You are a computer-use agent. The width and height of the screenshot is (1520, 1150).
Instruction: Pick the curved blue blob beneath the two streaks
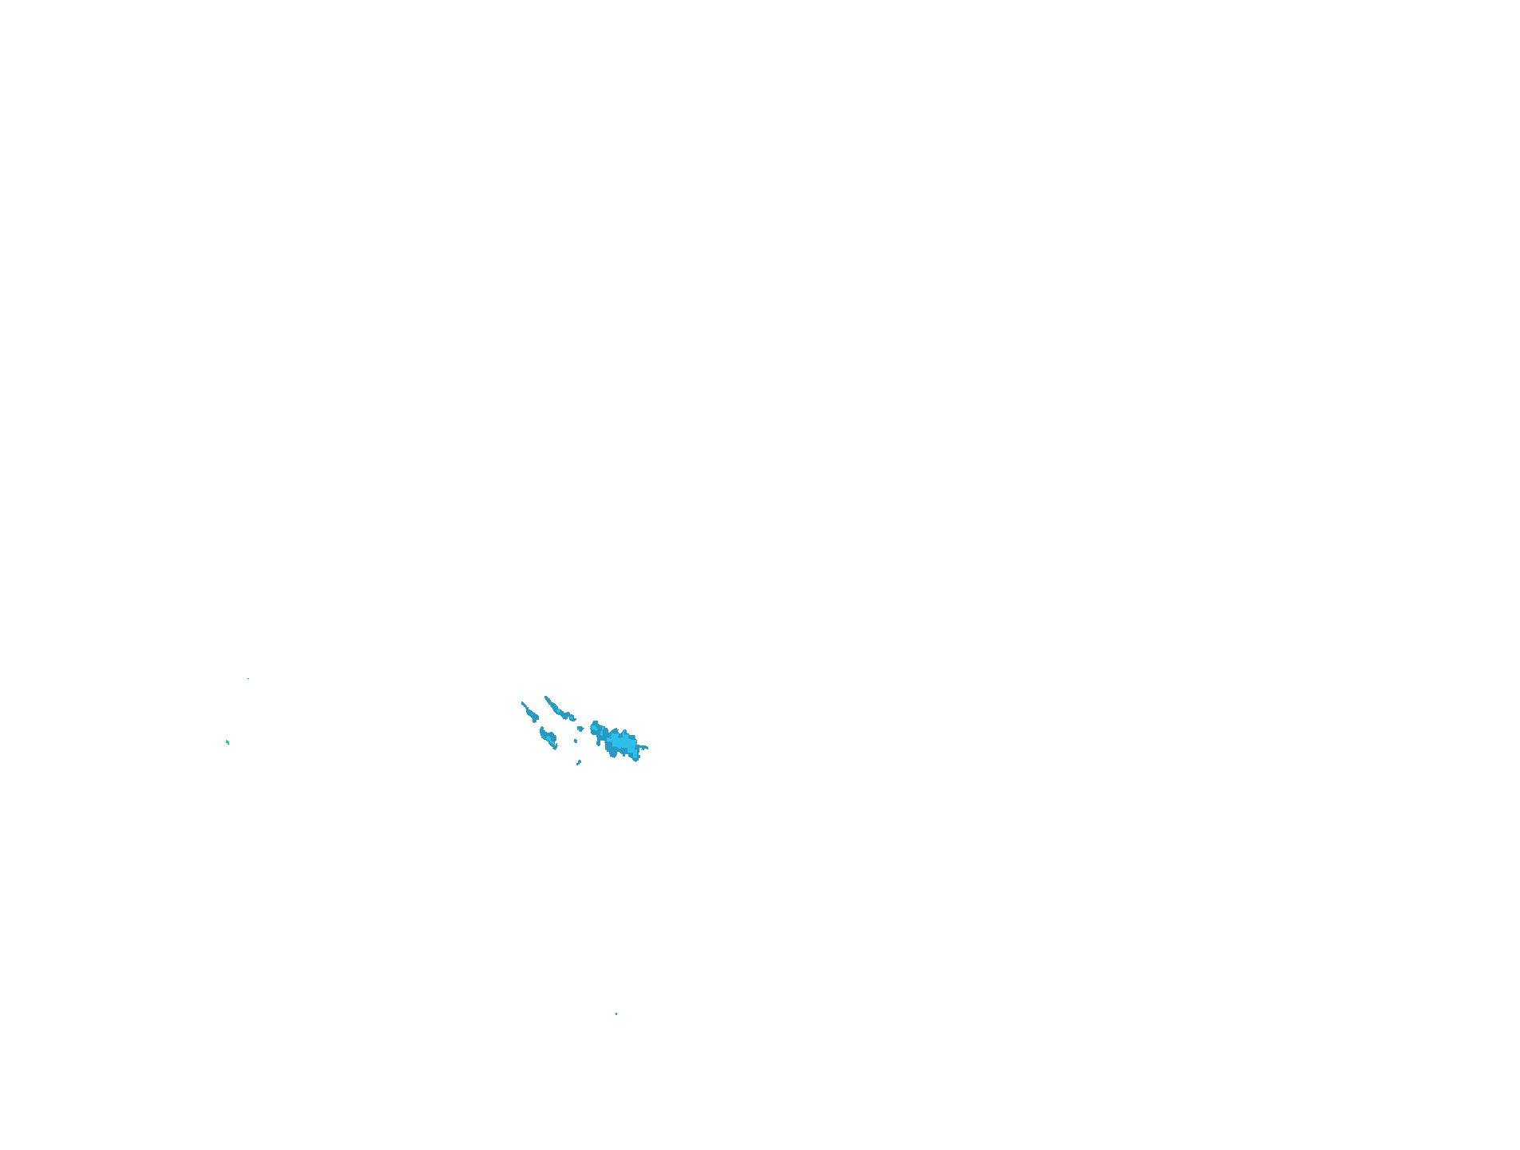click(548, 737)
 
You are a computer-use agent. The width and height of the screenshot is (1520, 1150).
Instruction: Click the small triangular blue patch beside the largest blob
click(580, 728)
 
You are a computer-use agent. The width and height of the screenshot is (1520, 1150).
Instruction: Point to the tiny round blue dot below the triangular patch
click(576, 741)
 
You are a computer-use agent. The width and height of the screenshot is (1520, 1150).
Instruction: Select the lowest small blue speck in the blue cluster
click(579, 763)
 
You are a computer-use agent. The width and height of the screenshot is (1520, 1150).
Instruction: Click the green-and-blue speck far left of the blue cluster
click(228, 742)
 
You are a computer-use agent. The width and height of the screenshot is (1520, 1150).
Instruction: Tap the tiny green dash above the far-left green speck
click(247, 679)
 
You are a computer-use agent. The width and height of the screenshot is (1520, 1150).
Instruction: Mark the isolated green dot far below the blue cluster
click(616, 1014)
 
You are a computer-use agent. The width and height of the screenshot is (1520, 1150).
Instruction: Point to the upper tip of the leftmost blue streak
click(522, 703)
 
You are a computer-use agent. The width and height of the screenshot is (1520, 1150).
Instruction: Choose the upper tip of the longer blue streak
click(546, 698)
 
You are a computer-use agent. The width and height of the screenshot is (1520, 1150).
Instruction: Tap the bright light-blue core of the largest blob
click(619, 742)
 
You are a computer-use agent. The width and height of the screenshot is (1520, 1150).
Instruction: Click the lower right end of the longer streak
click(573, 719)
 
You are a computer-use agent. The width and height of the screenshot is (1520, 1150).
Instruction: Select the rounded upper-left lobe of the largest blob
click(595, 727)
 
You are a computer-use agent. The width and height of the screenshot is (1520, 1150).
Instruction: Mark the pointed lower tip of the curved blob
click(556, 748)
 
